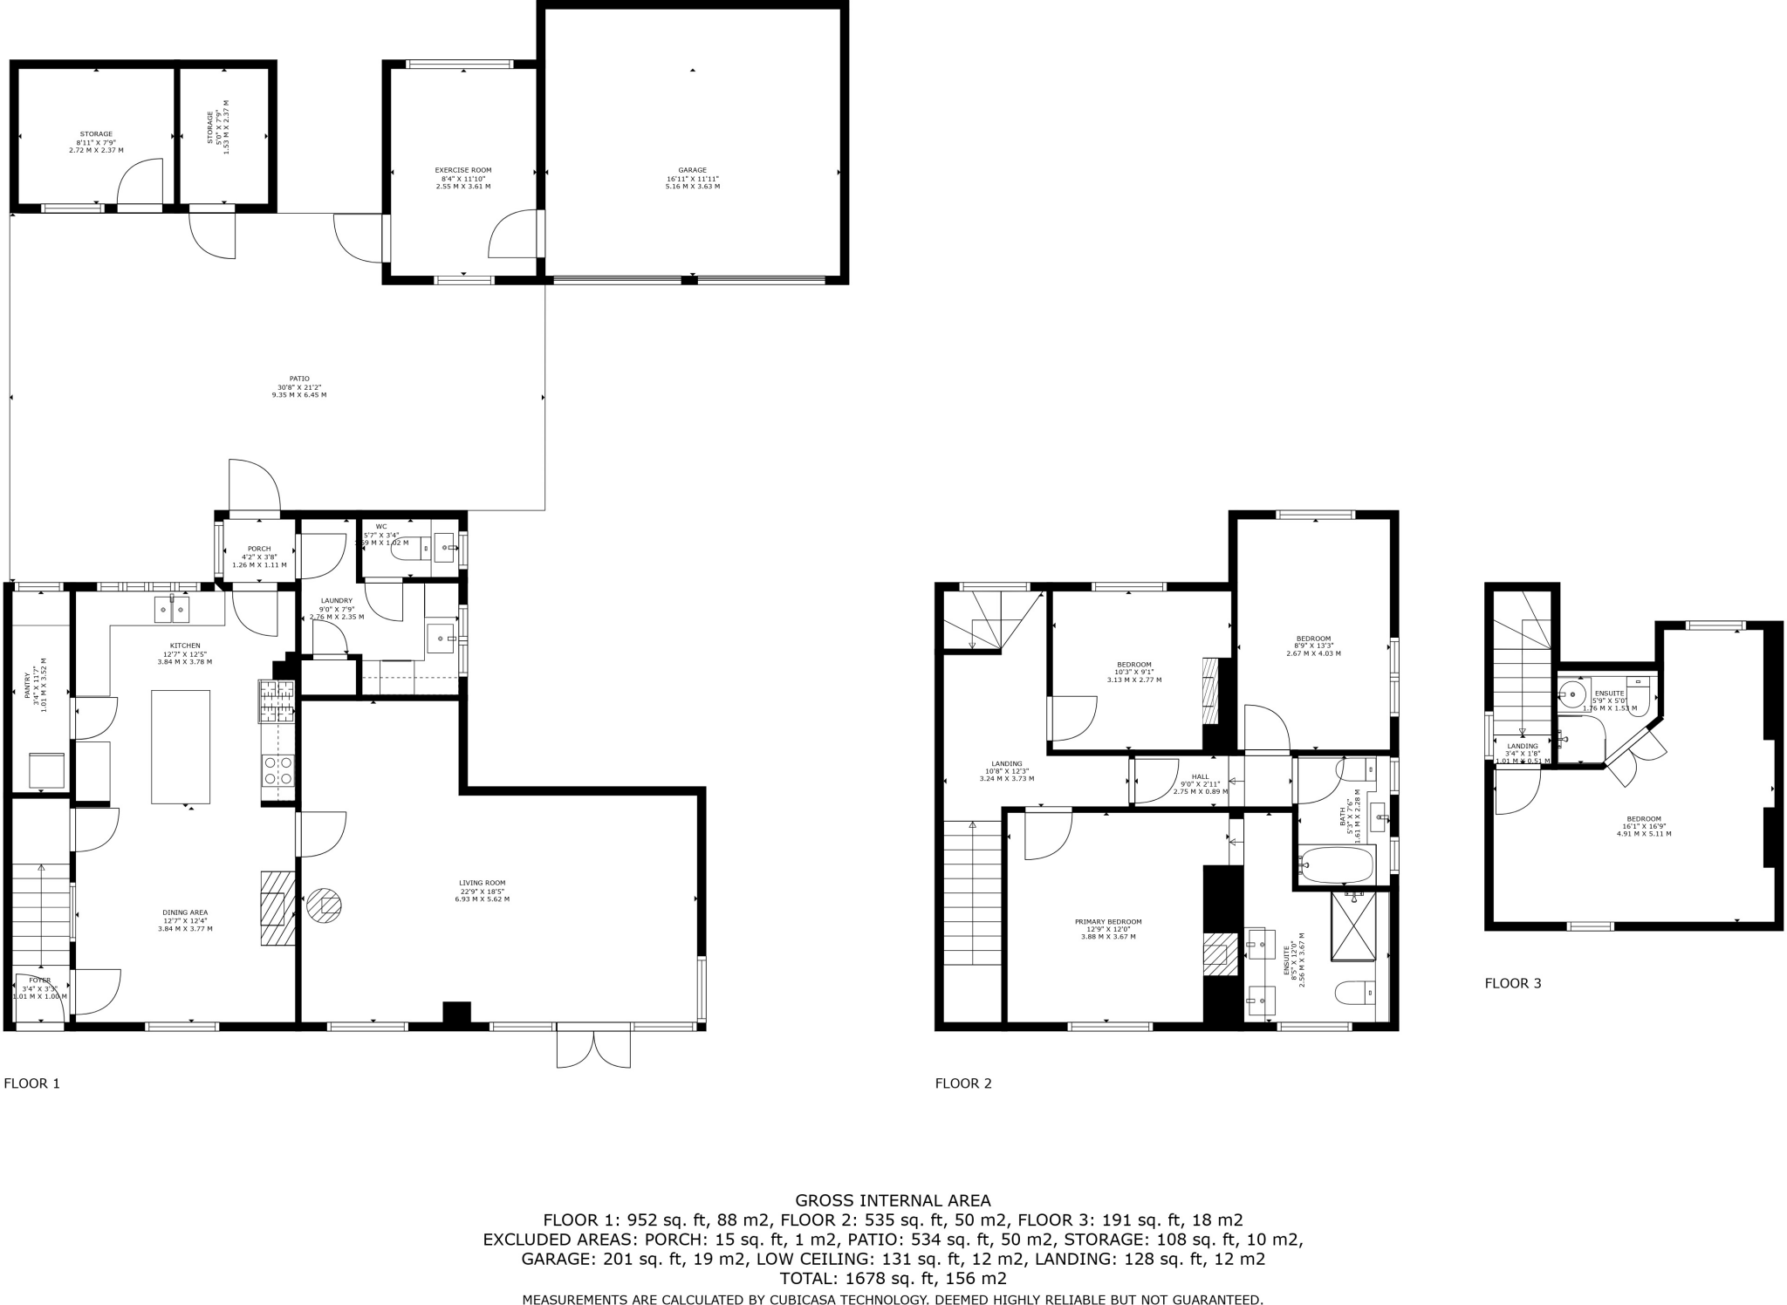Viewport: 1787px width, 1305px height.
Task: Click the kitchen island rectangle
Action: (181, 746)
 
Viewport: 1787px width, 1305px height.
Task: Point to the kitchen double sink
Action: (172, 610)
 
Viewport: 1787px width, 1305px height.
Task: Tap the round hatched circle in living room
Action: (325, 905)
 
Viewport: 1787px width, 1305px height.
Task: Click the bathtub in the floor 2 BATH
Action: (1336, 864)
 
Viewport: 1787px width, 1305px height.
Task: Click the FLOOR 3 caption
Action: (1512, 983)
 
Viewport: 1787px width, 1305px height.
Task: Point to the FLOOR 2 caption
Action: (963, 1083)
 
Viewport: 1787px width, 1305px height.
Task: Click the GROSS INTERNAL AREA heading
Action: (893, 1201)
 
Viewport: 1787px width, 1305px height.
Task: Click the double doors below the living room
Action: (593, 1047)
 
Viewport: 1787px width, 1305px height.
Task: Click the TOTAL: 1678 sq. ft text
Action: (893, 1279)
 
